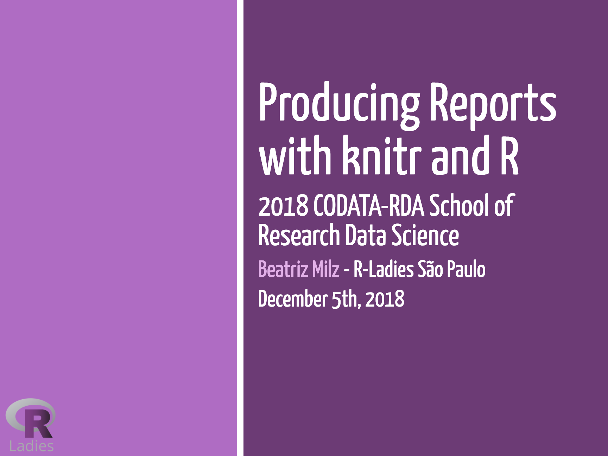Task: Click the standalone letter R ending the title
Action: (x=509, y=155)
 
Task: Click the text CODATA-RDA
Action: (x=369, y=205)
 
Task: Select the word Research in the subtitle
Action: (x=299, y=235)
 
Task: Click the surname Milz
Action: (x=326, y=269)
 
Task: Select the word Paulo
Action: (x=466, y=269)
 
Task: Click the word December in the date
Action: (x=293, y=299)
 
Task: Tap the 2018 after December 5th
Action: (x=385, y=299)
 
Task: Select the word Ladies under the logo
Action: (x=32, y=446)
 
